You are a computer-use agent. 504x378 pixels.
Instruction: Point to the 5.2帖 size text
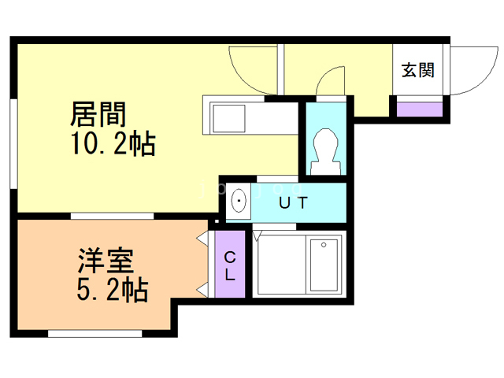tap(111, 291)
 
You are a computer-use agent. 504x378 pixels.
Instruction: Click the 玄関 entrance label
tap(418, 70)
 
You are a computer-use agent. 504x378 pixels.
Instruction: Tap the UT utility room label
tap(294, 203)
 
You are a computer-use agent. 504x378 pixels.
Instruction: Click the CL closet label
tap(231, 265)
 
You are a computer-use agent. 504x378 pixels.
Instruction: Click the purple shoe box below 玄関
tap(418, 108)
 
